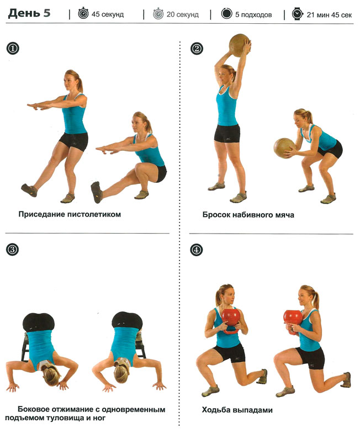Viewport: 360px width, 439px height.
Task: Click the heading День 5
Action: click(29, 13)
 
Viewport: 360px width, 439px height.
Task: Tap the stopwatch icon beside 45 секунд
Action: click(83, 13)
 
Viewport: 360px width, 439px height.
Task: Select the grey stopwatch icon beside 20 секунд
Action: click(158, 13)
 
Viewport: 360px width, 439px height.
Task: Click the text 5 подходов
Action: click(253, 14)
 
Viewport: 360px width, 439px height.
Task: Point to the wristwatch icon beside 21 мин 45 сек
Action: click(297, 14)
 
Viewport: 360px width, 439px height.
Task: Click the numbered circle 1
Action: click(13, 49)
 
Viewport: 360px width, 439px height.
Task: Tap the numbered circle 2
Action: click(197, 49)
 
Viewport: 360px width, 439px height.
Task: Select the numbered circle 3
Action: click(12, 249)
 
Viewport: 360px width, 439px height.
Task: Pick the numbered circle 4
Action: click(196, 250)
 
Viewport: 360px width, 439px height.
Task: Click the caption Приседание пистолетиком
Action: click(70, 214)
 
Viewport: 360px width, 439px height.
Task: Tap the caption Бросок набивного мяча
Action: click(248, 215)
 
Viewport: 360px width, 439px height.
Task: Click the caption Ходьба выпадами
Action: click(237, 410)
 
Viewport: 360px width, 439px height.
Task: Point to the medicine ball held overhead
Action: click(239, 45)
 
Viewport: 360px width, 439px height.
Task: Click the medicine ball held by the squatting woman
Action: click(284, 148)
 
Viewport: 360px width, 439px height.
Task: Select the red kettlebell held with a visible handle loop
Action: click(231, 321)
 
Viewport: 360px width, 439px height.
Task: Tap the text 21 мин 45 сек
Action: click(329, 14)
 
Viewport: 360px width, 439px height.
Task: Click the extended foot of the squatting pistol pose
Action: click(97, 192)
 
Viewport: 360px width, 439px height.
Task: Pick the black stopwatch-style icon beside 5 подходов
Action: click(226, 13)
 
